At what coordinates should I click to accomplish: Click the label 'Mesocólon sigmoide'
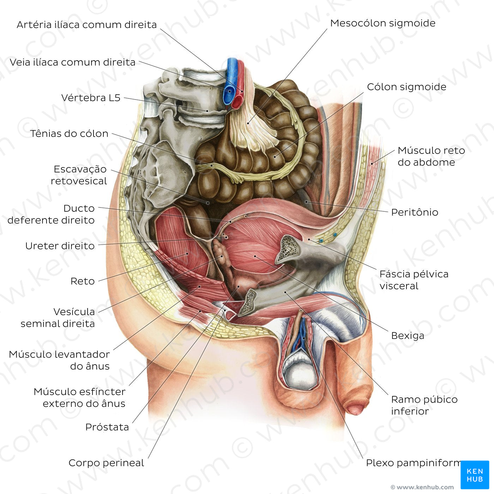[x=382, y=23]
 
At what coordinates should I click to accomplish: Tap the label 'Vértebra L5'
[x=91, y=98]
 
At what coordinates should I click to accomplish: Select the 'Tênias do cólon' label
[x=69, y=134]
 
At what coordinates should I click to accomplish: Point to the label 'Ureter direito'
[x=60, y=246]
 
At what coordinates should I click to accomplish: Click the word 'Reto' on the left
[x=83, y=281]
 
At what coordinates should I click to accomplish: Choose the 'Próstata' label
[x=107, y=427]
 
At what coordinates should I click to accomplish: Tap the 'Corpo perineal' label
[x=106, y=463]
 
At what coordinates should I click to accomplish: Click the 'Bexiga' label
[x=408, y=336]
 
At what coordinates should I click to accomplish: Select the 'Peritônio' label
[x=415, y=212]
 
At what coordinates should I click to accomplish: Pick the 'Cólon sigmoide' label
[x=406, y=87]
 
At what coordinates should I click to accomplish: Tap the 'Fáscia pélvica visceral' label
[x=414, y=280]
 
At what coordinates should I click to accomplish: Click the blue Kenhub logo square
[x=475, y=475]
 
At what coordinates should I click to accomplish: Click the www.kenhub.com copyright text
[x=422, y=487]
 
